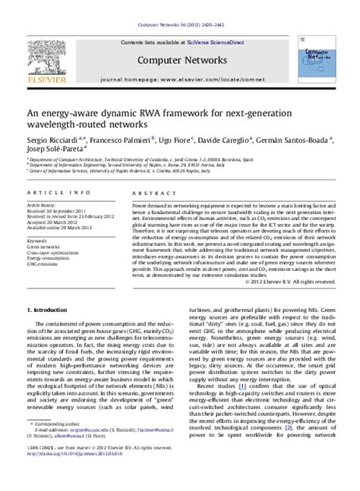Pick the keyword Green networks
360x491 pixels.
tap(44, 247)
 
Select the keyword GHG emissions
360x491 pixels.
tap(43, 266)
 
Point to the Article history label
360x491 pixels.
tap(43, 205)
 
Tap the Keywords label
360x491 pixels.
tap(39, 241)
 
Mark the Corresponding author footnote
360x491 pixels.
tap(56, 445)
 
